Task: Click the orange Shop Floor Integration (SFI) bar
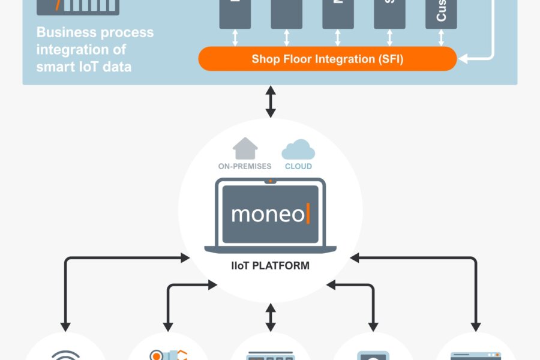(x=327, y=59)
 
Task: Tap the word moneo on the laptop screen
(x=268, y=214)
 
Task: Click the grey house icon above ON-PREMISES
(x=245, y=149)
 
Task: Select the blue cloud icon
(x=298, y=149)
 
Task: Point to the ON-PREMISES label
(x=245, y=166)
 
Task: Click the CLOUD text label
(x=298, y=166)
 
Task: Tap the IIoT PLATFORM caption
(x=270, y=265)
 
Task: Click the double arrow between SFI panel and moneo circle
(x=270, y=101)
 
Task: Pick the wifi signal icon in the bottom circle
(x=65, y=355)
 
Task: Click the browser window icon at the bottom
(x=475, y=355)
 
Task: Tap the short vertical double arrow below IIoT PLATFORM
(x=270, y=316)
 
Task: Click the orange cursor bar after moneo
(x=308, y=214)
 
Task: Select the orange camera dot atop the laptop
(x=270, y=181)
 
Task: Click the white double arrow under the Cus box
(x=442, y=38)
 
